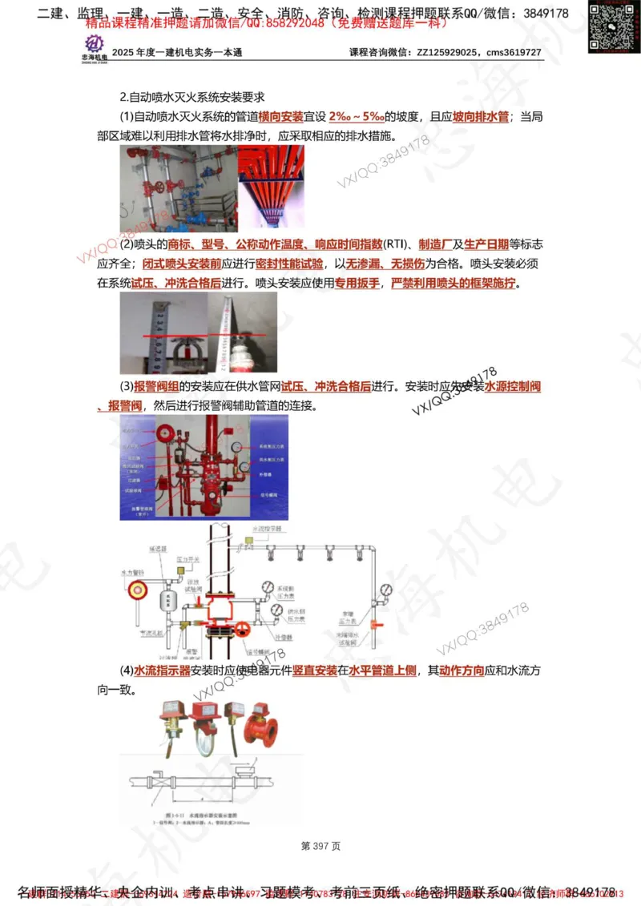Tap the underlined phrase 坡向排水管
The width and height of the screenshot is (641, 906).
pos(481,117)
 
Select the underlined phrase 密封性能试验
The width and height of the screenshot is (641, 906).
pos(289,263)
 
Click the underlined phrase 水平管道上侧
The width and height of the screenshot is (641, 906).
pos(382,670)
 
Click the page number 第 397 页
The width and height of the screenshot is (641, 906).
pos(320,845)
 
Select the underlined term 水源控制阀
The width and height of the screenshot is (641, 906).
pos(513,386)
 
